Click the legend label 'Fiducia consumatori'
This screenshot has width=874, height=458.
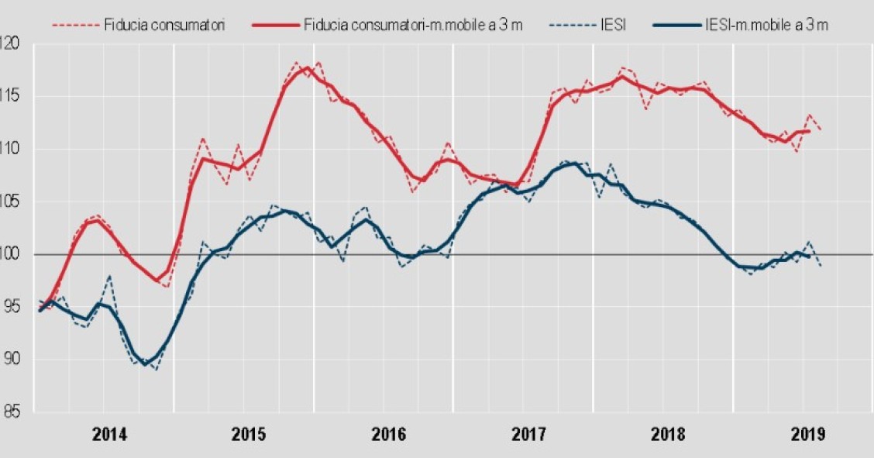tap(164, 25)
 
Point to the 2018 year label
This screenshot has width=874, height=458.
tap(668, 435)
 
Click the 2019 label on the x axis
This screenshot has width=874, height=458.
tap(807, 435)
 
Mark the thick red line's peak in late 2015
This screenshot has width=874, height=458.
tap(307, 67)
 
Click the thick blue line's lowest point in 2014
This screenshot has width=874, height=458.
tap(145, 364)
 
